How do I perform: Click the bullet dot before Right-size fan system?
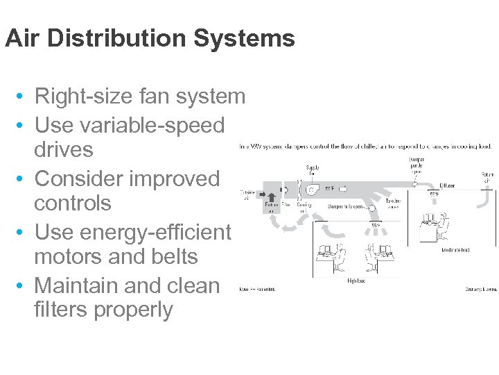click(x=23, y=97)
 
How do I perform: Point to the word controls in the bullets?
click(x=73, y=203)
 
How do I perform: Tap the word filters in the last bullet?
click(x=64, y=310)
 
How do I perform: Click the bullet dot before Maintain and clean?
click(x=23, y=285)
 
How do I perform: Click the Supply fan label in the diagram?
click(x=313, y=170)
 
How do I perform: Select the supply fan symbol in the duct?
click(x=313, y=189)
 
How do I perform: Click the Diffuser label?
click(x=448, y=186)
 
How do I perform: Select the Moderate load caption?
click(x=455, y=250)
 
